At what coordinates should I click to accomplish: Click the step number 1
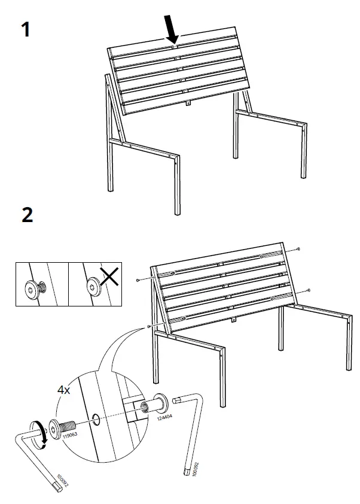click(x=25, y=29)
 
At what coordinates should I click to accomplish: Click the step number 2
click(x=27, y=214)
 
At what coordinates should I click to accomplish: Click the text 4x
click(x=63, y=390)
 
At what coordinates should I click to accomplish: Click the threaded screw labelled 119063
click(x=62, y=429)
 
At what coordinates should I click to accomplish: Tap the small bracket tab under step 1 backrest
click(x=188, y=103)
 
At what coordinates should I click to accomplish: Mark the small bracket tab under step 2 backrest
click(x=233, y=320)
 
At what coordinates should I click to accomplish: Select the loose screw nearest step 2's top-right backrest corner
click(x=298, y=248)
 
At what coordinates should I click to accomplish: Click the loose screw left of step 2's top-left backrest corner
click(x=138, y=280)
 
